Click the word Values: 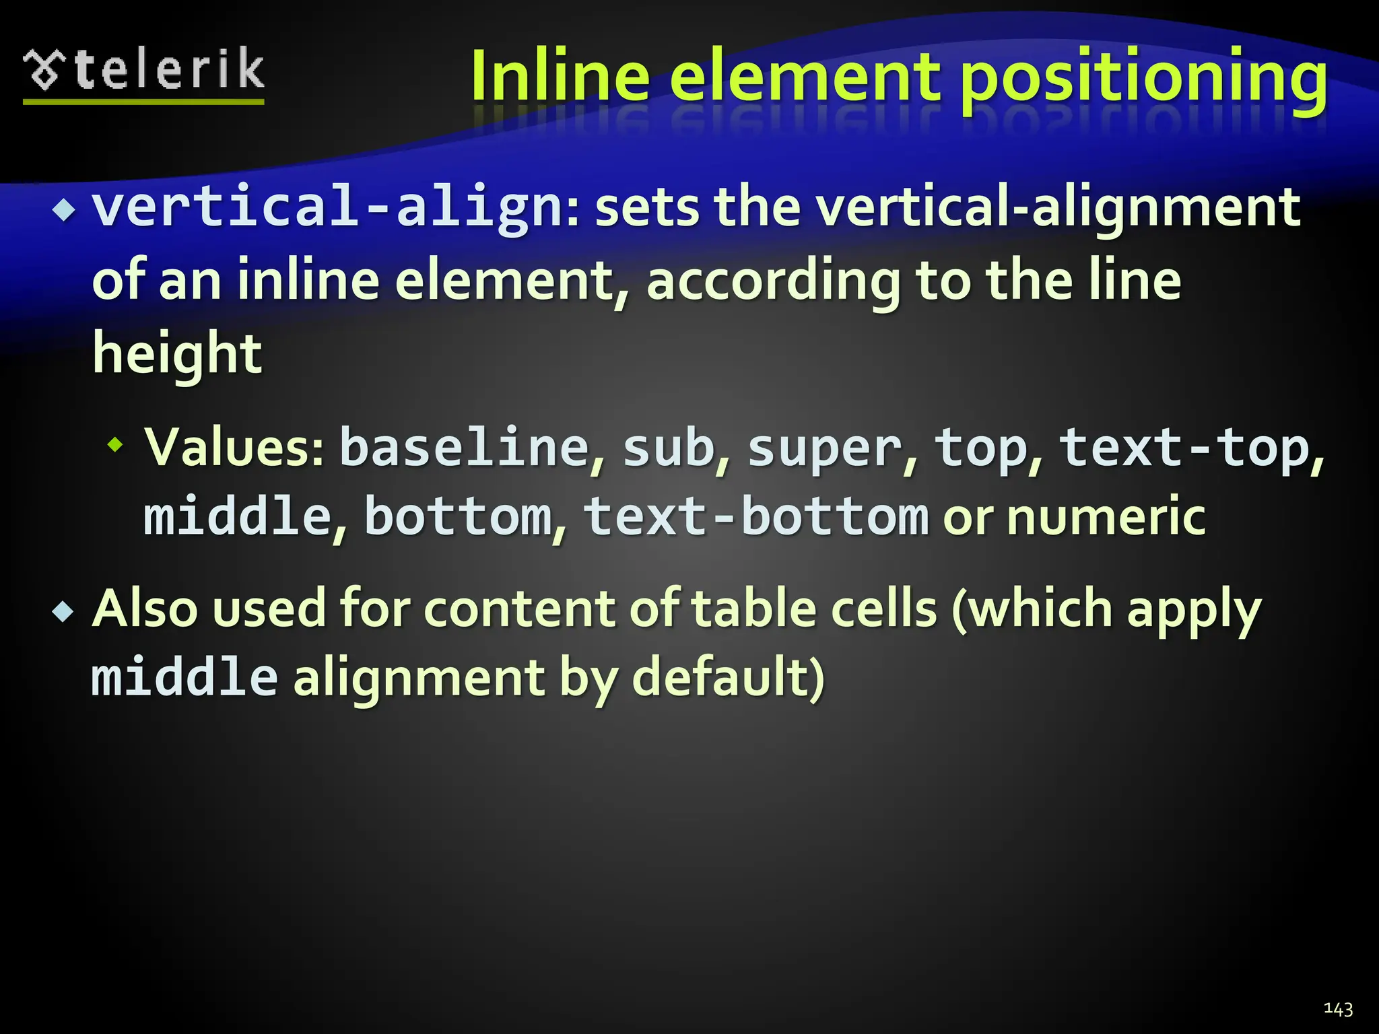coord(235,447)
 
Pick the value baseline coord(465,447)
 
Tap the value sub coord(669,448)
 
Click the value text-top coord(1184,448)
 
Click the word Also coord(144,609)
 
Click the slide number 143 coord(1338,1008)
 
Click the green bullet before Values coord(116,444)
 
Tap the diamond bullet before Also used coord(63,612)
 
